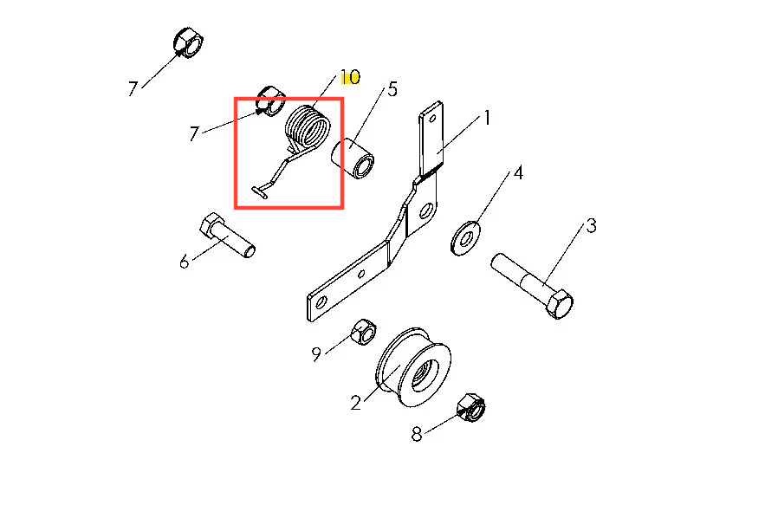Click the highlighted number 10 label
(350, 77)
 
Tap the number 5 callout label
(392, 89)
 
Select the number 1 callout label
(487, 118)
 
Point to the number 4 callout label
(518, 172)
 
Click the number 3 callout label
(591, 226)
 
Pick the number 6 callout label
(184, 262)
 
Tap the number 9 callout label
(316, 354)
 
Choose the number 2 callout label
(356, 403)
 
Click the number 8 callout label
(417, 435)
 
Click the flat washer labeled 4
(465, 239)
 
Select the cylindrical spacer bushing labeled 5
(353, 159)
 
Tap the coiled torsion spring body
(308, 128)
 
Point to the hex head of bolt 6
(211, 226)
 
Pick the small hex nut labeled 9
(363, 332)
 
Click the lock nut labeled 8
(470, 407)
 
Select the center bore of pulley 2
(425, 371)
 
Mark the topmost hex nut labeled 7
(189, 42)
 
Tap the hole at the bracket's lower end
(321, 302)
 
